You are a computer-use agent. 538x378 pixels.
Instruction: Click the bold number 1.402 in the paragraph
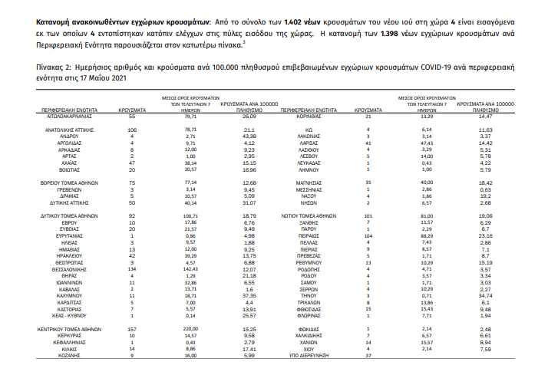click(x=296, y=24)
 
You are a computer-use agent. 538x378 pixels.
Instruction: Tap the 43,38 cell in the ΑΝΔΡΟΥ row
click(x=248, y=136)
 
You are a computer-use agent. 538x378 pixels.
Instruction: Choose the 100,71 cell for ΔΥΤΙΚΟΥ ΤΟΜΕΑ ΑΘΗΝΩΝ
click(x=181, y=218)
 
